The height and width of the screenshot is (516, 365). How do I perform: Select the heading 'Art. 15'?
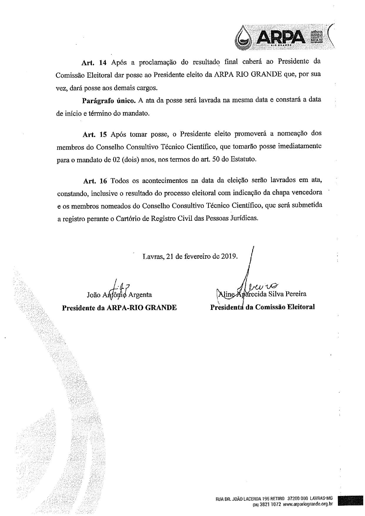coord(94,135)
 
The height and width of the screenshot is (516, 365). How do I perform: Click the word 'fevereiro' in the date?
coord(198,256)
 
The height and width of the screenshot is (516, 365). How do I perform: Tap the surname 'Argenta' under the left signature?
coord(140,294)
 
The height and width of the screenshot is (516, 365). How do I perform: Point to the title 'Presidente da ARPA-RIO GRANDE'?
coord(119,308)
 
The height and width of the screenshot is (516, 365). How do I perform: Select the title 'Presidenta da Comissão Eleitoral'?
coord(262,307)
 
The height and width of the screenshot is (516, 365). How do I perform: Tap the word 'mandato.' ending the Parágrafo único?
coord(137,113)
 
